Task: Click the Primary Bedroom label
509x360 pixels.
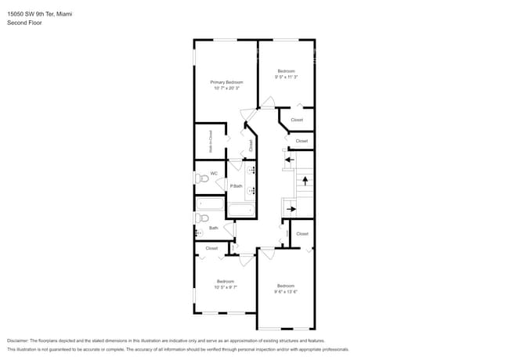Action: pos(226,82)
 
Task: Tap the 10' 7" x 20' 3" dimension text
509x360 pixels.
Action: pos(226,88)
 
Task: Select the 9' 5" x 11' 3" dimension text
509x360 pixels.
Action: pos(286,77)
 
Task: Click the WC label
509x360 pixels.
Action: pos(213,173)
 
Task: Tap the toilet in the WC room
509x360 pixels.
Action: pos(201,178)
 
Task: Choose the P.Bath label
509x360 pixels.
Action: pos(236,185)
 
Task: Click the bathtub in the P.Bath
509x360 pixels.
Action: pos(240,209)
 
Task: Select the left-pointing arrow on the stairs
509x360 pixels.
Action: pos(288,160)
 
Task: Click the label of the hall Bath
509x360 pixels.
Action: pos(213,228)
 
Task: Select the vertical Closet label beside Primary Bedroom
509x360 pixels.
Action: pos(251,145)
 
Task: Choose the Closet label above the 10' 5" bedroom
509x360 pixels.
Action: pos(211,248)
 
